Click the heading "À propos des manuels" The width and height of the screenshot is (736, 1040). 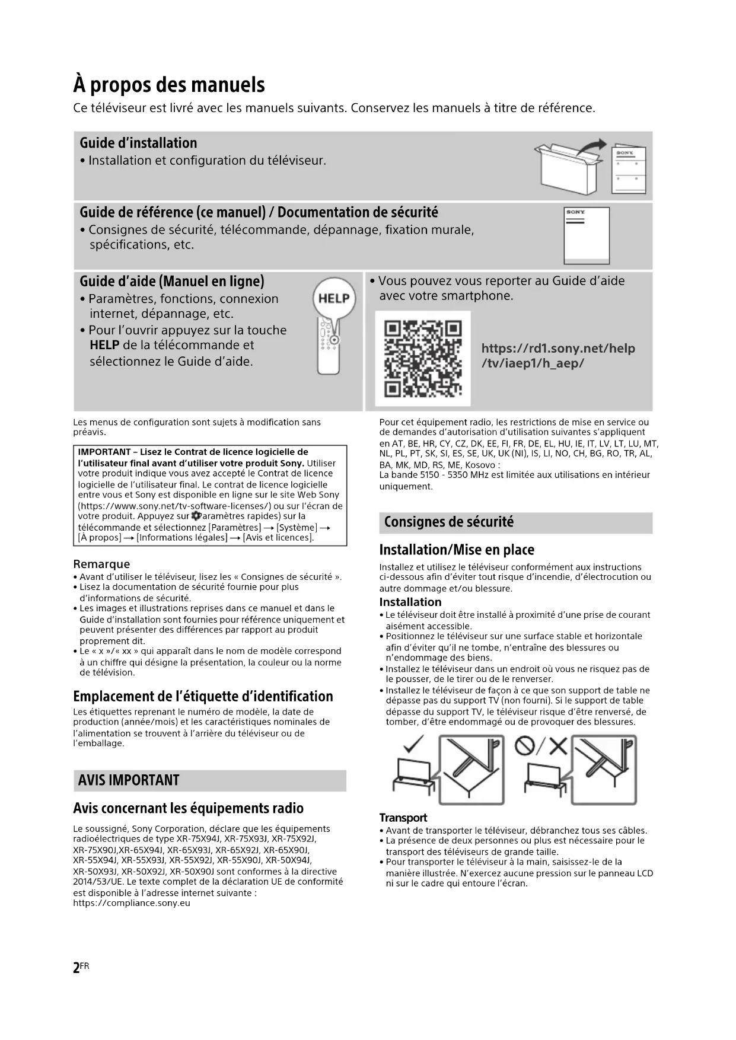(x=169, y=85)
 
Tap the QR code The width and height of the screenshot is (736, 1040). (x=423, y=358)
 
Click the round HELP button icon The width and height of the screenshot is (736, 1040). (x=334, y=298)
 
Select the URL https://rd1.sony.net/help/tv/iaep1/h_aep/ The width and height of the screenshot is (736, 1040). (x=557, y=356)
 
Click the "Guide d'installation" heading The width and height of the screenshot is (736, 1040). (x=138, y=143)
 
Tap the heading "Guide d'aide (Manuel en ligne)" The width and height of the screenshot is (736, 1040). (x=172, y=281)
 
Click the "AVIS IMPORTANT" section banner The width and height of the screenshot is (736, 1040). (x=129, y=780)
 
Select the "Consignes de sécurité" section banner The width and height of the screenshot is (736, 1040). (x=449, y=522)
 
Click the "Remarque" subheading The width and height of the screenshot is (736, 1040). (x=101, y=564)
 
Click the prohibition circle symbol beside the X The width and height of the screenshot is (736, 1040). (x=524, y=745)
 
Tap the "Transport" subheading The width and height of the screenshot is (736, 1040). (x=403, y=818)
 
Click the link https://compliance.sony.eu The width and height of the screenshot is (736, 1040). (x=132, y=903)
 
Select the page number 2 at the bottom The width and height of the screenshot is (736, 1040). (x=76, y=968)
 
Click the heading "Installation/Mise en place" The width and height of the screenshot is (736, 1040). (x=457, y=550)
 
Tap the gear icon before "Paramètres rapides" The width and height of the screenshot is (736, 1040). (x=196, y=516)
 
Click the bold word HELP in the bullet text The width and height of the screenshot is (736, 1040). (x=104, y=345)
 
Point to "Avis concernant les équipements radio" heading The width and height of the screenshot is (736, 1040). (x=188, y=808)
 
